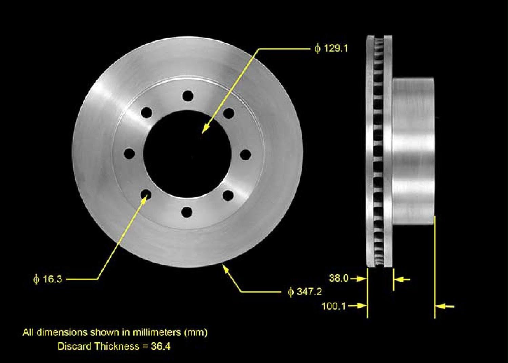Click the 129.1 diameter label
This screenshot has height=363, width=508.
coord(331,48)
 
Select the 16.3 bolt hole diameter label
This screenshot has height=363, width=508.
coord(48,279)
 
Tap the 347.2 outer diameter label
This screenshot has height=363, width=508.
coord(305,292)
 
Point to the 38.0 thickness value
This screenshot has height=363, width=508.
coord(339,278)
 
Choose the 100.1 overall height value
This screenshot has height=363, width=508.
coord(334,306)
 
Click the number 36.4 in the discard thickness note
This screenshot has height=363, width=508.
coord(161,346)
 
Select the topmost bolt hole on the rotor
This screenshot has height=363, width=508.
coord(188,96)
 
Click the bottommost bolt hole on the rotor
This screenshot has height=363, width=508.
coord(187,212)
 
